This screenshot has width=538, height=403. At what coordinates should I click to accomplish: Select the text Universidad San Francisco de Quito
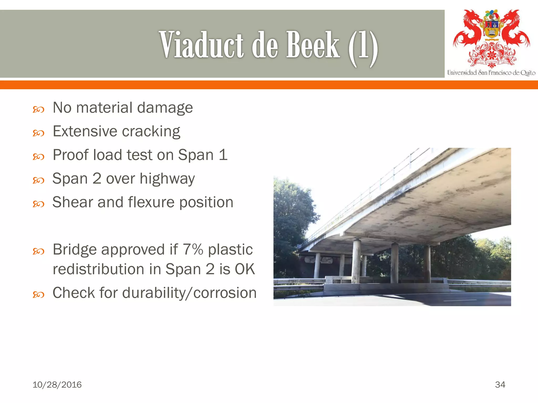[491, 73]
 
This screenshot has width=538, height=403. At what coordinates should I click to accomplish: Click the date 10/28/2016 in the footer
[57, 385]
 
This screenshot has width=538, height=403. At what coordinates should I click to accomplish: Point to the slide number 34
[500, 385]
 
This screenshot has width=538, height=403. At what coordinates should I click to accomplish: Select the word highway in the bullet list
[167, 179]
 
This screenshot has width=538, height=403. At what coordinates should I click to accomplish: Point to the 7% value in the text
[193, 249]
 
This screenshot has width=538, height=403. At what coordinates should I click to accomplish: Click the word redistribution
[107, 269]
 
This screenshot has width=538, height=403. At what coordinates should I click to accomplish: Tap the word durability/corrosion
[189, 293]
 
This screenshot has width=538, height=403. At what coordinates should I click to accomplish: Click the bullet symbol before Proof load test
[38, 157]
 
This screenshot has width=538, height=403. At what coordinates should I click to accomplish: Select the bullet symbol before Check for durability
[38, 295]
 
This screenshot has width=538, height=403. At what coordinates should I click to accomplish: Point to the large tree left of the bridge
[292, 218]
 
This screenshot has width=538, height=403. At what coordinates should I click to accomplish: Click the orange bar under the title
[269, 85]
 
